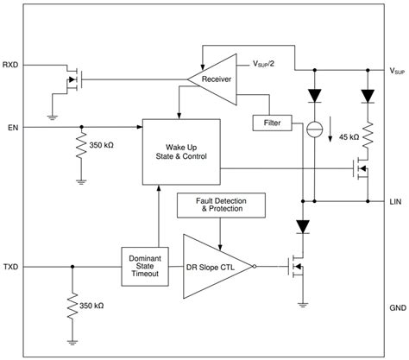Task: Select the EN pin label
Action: tap(12, 127)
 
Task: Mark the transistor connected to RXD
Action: tap(71, 80)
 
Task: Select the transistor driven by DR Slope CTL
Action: tap(299, 268)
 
